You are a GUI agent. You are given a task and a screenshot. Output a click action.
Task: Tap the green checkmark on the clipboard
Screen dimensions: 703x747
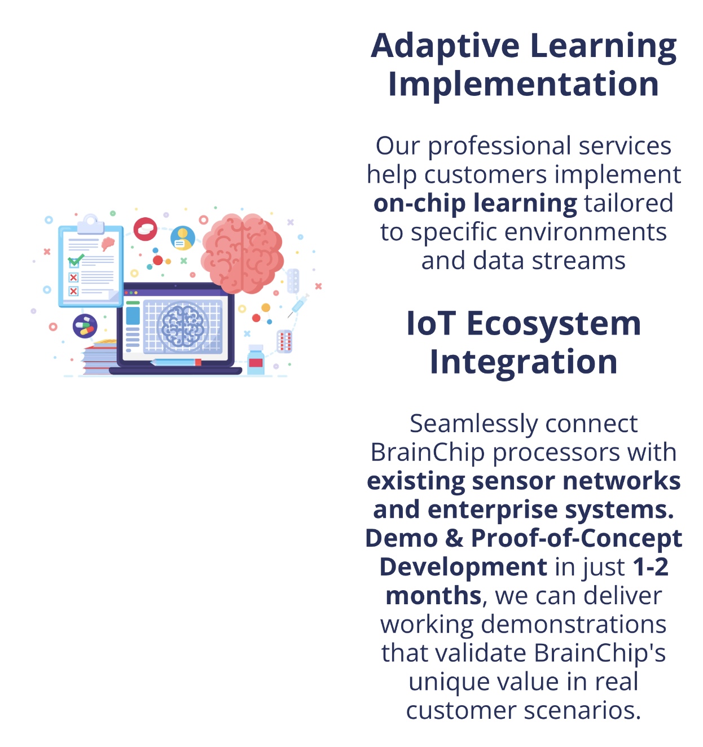pos(76,259)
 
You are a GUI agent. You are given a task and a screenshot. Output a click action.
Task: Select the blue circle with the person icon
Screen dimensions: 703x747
pos(183,238)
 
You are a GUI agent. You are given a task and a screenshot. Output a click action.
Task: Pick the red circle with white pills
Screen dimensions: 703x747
pos(145,229)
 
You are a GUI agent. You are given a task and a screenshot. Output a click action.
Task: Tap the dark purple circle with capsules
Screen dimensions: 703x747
pos(85,326)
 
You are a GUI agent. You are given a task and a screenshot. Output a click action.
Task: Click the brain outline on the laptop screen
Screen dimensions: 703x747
pos(183,326)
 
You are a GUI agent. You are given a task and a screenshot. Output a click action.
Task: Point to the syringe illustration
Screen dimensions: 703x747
pos(298,305)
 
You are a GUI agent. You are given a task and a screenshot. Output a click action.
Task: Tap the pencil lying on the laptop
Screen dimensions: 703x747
pos(175,363)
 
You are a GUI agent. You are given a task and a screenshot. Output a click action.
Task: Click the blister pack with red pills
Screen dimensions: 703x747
pos(284,341)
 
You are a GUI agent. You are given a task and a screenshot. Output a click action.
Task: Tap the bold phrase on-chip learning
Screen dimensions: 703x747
pos(475,204)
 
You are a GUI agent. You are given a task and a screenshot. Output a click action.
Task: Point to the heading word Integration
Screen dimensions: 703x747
pos(523,362)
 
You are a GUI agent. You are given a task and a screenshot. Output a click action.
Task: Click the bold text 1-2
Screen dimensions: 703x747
pos(651,566)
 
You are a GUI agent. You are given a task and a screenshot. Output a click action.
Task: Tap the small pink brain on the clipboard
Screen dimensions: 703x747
pos(108,244)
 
